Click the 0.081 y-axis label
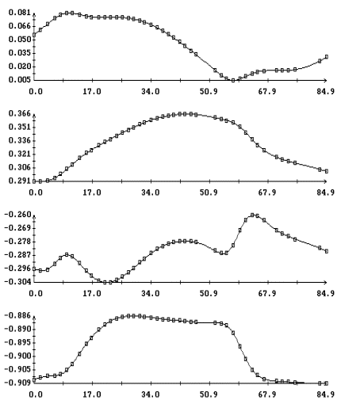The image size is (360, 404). coord(19,13)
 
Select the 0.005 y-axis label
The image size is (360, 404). coord(19,79)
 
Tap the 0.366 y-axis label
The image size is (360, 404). coord(19,113)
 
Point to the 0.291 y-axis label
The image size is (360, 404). coord(19,181)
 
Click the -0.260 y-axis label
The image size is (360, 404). coord(17,215)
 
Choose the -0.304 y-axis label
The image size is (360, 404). coord(17,282)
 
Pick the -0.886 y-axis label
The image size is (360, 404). coord(17,315)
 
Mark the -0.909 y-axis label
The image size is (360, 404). coord(17,383)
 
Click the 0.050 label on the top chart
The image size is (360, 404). coord(19,40)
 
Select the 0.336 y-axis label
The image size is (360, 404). coord(19,140)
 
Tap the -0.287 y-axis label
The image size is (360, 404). coord(17,255)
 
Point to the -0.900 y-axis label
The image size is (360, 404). coord(17,356)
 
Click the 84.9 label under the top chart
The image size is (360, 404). coord(325,91)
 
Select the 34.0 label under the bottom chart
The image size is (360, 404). coord(150,394)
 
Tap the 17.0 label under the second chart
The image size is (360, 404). coord(92,192)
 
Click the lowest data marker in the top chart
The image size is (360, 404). coord(233,80)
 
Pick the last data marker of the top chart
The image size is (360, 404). coord(327,57)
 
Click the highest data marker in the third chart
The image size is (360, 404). coord(252,215)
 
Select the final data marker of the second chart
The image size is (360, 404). coord(327,171)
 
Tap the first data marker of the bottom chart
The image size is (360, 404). coord(34,379)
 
